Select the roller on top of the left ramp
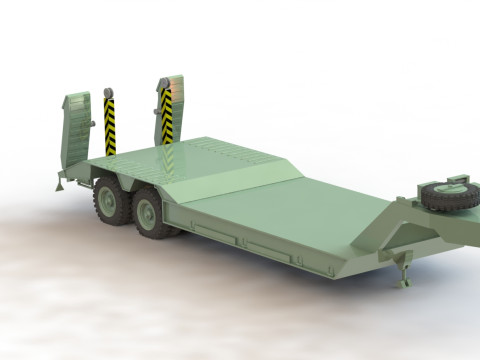107,94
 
